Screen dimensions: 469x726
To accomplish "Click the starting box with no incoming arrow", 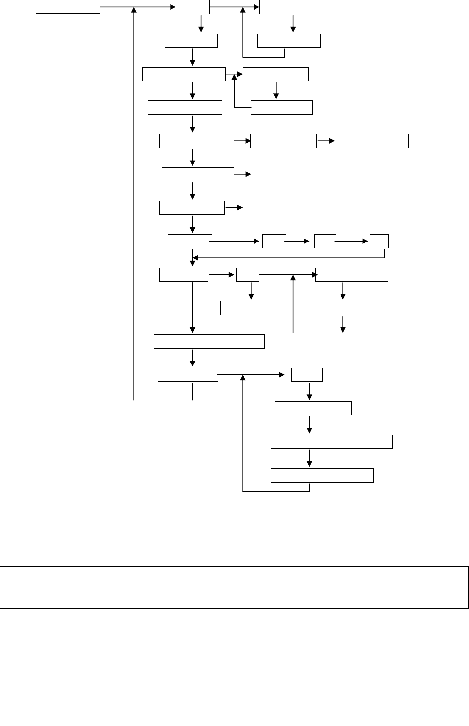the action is point(68,7).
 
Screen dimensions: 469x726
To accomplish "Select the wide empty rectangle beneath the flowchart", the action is point(234,588).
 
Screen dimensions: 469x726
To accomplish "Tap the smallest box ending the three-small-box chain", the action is point(379,241).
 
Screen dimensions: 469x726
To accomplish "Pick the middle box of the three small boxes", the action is point(325,241).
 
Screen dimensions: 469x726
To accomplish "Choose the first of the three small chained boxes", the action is point(274,241).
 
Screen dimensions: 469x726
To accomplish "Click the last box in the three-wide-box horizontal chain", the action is point(371,141).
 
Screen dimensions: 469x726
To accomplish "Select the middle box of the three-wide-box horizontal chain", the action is point(283,141).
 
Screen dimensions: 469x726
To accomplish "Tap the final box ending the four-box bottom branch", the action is point(322,475).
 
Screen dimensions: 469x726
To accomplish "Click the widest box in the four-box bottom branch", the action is point(332,442).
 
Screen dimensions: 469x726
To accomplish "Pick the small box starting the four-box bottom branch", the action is point(307,375).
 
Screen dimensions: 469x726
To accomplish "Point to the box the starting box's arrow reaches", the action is point(191,7).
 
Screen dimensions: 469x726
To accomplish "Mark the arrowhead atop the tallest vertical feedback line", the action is point(134,10).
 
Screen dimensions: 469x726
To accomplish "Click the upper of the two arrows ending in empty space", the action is point(243,174).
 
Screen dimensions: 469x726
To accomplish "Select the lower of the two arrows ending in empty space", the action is point(234,208).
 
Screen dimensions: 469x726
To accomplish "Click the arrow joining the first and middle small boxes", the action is point(299,242).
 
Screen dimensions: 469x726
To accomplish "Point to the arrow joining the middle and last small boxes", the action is point(352,242).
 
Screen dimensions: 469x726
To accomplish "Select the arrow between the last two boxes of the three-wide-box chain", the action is point(325,141).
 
